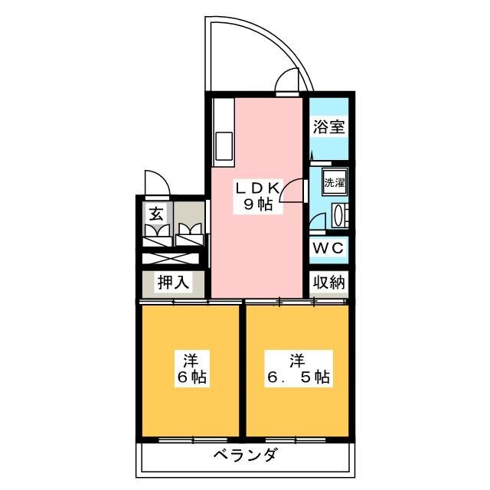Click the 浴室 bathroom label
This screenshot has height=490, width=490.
coord(328,126)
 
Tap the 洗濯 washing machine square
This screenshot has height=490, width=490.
coord(335,182)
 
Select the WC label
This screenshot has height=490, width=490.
coord(328,249)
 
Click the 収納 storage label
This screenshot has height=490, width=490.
coord(328,283)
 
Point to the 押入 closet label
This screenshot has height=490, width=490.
coord(173,283)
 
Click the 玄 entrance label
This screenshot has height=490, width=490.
coord(155,214)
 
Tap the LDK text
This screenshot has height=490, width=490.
coord(257,188)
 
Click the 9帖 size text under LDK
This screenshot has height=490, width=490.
coord(257,204)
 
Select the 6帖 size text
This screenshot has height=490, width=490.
coord(191,377)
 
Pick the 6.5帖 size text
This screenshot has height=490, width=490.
coord(298,377)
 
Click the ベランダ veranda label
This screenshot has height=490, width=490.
coord(245,455)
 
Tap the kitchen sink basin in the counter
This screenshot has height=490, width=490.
coord(224,146)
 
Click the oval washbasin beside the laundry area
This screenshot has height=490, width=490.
coord(338,215)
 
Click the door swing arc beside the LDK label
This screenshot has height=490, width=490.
coord(291,191)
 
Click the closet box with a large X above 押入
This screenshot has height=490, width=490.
coord(171,259)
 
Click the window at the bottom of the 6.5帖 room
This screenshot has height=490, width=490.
coord(296,440)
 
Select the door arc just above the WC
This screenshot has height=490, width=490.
coord(317,222)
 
